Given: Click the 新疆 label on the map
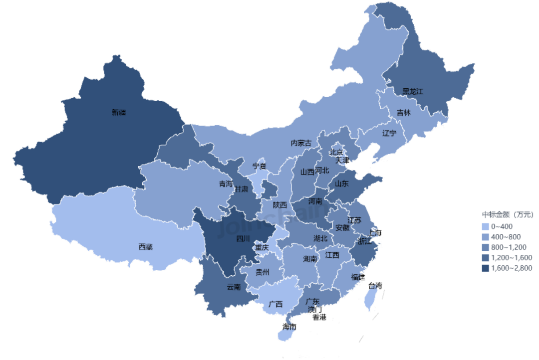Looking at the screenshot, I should click(x=118, y=113).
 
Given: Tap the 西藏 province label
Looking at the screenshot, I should click(x=145, y=246).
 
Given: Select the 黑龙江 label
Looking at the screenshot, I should click(x=412, y=92).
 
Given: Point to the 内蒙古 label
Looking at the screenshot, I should click(x=301, y=143).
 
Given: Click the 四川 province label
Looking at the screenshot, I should click(x=243, y=238).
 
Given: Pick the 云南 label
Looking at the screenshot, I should click(x=234, y=287).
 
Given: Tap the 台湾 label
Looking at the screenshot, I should click(x=375, y=286).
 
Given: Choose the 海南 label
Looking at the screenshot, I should click(x=289, y=327).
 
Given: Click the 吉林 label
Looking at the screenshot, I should click(x=404, y=113).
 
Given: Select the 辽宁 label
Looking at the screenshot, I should click(x=389, y=133).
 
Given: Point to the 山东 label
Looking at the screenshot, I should click(x=341, y=183).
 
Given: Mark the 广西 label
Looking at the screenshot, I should click(x=275, y=304).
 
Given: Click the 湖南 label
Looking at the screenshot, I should click(x=310, y=259).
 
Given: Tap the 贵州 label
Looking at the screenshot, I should click(x=262, y=272).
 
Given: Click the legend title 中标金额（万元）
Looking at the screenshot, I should click(x=508, y=215).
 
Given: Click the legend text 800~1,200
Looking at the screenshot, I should click(x=509, y=247).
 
